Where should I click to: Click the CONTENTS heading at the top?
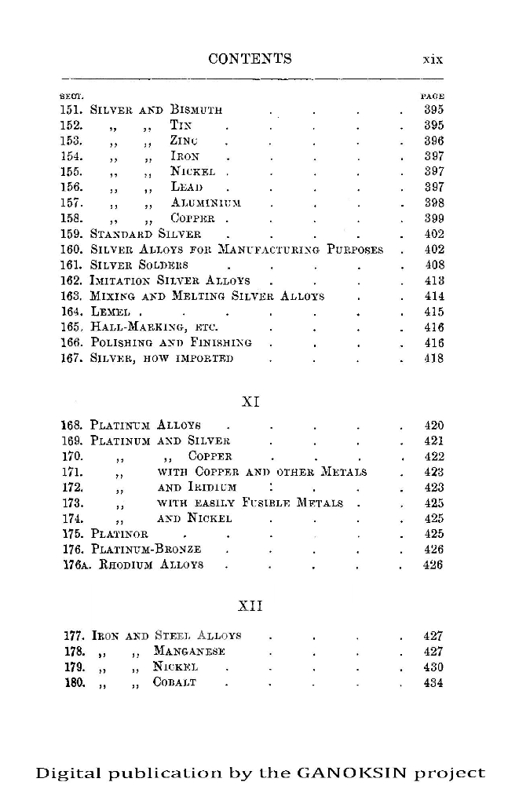point(250,59)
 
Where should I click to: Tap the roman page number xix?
point(433,60)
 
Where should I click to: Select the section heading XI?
point(250,401)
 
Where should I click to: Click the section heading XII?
point(250,605)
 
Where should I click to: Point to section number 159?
point(71,234)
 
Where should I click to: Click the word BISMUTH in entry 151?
point(196,109)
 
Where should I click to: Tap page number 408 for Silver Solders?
point(433,265)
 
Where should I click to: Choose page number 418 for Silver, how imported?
point(433,359)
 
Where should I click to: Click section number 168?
point(71,426)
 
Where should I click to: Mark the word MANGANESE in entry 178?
point(190,652)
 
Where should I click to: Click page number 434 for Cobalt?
point(433,683)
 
